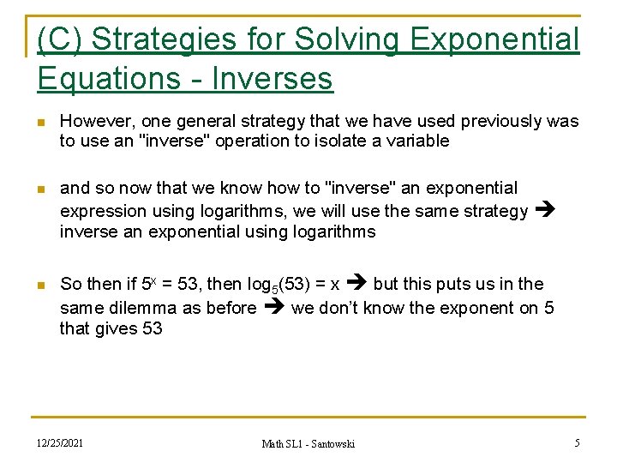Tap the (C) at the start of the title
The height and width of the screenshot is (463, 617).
60,39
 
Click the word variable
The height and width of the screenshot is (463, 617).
417,141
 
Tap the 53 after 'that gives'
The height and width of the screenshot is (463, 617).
148,328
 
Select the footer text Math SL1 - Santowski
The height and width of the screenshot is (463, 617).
308,443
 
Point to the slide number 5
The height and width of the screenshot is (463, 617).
577,442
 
